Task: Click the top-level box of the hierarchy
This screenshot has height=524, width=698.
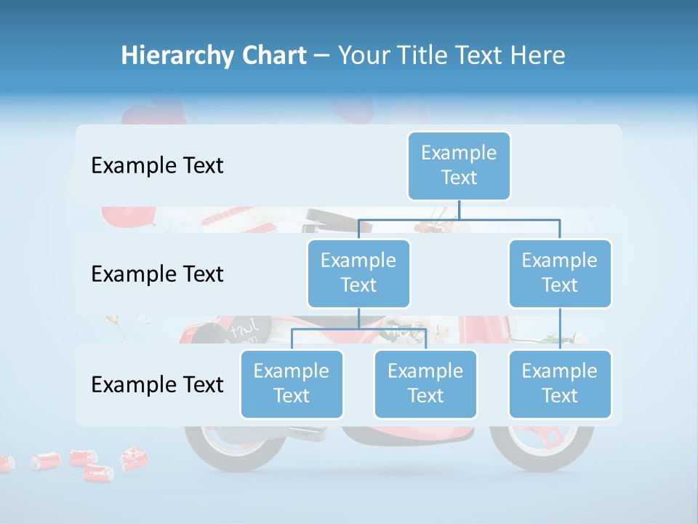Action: point(459,165)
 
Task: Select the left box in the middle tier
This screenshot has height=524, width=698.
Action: point(358,273)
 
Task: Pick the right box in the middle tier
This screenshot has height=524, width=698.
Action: point(560,273)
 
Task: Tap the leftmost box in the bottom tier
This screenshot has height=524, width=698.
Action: point(292,384)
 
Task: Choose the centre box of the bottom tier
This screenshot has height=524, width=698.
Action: point(425,384)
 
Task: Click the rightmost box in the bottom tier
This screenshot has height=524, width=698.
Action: point(560,384)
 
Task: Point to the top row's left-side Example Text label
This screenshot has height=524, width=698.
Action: point(157,166)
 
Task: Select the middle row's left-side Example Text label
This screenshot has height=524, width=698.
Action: point(157,274)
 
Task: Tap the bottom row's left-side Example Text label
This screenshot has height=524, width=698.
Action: point(157,384)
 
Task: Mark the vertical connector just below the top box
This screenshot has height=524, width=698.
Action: point(459,210)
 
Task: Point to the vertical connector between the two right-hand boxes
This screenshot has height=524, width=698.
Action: point(560,329)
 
